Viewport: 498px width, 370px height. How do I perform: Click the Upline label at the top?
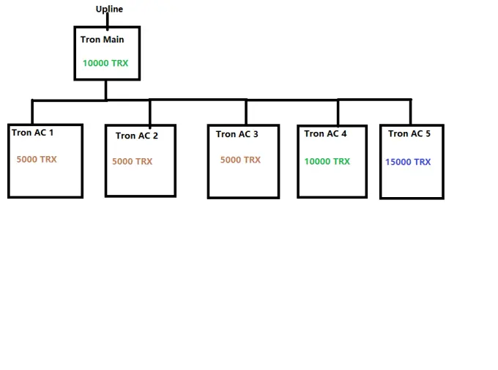point(109,9)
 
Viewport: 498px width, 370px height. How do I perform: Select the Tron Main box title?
point(102,40)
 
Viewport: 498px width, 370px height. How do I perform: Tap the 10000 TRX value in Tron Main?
point(105,63)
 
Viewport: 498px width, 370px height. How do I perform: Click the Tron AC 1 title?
point(32,132)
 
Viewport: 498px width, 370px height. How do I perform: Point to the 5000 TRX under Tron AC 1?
point(37,159)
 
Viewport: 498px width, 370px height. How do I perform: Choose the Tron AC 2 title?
point(136,136)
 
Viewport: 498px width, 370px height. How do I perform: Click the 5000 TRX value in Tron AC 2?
point(132,161)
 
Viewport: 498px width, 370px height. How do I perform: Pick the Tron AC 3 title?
point(237,134)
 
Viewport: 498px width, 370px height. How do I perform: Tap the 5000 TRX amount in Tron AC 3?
point(240,160)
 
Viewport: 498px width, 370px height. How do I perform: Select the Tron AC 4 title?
point(325,133)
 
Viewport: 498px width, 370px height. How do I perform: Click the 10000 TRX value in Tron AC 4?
point(327,161)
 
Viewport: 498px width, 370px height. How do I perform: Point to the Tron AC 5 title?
point(409,133)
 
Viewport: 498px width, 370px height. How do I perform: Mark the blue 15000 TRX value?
point(408,162)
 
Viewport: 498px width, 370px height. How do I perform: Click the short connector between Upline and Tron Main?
point(108,21)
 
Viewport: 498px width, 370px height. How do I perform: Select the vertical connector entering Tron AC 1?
point(32,112)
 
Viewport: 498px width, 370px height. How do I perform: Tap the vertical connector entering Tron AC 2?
point(150,113)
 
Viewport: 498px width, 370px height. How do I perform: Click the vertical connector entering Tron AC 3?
point(246,112)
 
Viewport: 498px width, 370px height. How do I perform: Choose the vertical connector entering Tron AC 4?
point(338,113)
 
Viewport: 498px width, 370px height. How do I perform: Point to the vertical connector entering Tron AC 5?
point(411,112)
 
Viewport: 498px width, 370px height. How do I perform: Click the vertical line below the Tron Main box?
point(105,90)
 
